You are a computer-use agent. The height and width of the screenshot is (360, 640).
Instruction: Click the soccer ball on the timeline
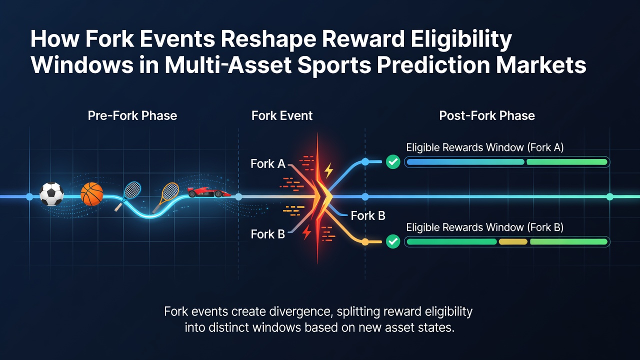[51, 194]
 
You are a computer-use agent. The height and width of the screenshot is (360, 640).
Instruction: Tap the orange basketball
[91, 194]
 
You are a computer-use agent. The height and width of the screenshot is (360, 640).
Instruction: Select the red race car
[209, 192]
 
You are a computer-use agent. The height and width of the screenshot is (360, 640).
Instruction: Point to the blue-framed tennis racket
[128, 195]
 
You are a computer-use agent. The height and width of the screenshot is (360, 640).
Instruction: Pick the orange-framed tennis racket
[166, 197]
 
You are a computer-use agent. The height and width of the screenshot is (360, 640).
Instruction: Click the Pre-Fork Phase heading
[132, 115]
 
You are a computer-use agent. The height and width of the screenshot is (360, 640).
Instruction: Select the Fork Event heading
[281, 115]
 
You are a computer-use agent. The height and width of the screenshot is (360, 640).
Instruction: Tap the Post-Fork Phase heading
[487, 115]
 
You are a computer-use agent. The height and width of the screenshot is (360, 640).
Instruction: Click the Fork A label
[267, 163]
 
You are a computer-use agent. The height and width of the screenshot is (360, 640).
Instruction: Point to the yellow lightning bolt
[329, 170]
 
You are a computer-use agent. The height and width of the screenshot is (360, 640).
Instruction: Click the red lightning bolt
[307, 232]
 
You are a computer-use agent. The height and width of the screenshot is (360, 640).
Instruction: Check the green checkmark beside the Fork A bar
[393, 162]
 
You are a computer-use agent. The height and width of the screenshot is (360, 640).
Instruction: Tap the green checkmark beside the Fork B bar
[393, 241]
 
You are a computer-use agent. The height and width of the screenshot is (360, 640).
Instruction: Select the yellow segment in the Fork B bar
[513, 241]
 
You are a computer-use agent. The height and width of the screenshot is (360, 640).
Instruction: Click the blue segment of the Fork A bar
[465, 162]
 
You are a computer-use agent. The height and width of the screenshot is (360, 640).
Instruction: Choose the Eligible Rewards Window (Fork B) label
[485, 227]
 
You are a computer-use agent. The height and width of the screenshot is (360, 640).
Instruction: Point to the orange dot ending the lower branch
[365, 242]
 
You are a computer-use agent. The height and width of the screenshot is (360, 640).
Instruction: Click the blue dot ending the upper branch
[365, 161]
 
